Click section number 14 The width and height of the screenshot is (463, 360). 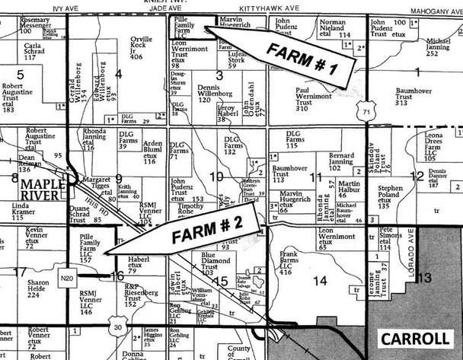[321, 281]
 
